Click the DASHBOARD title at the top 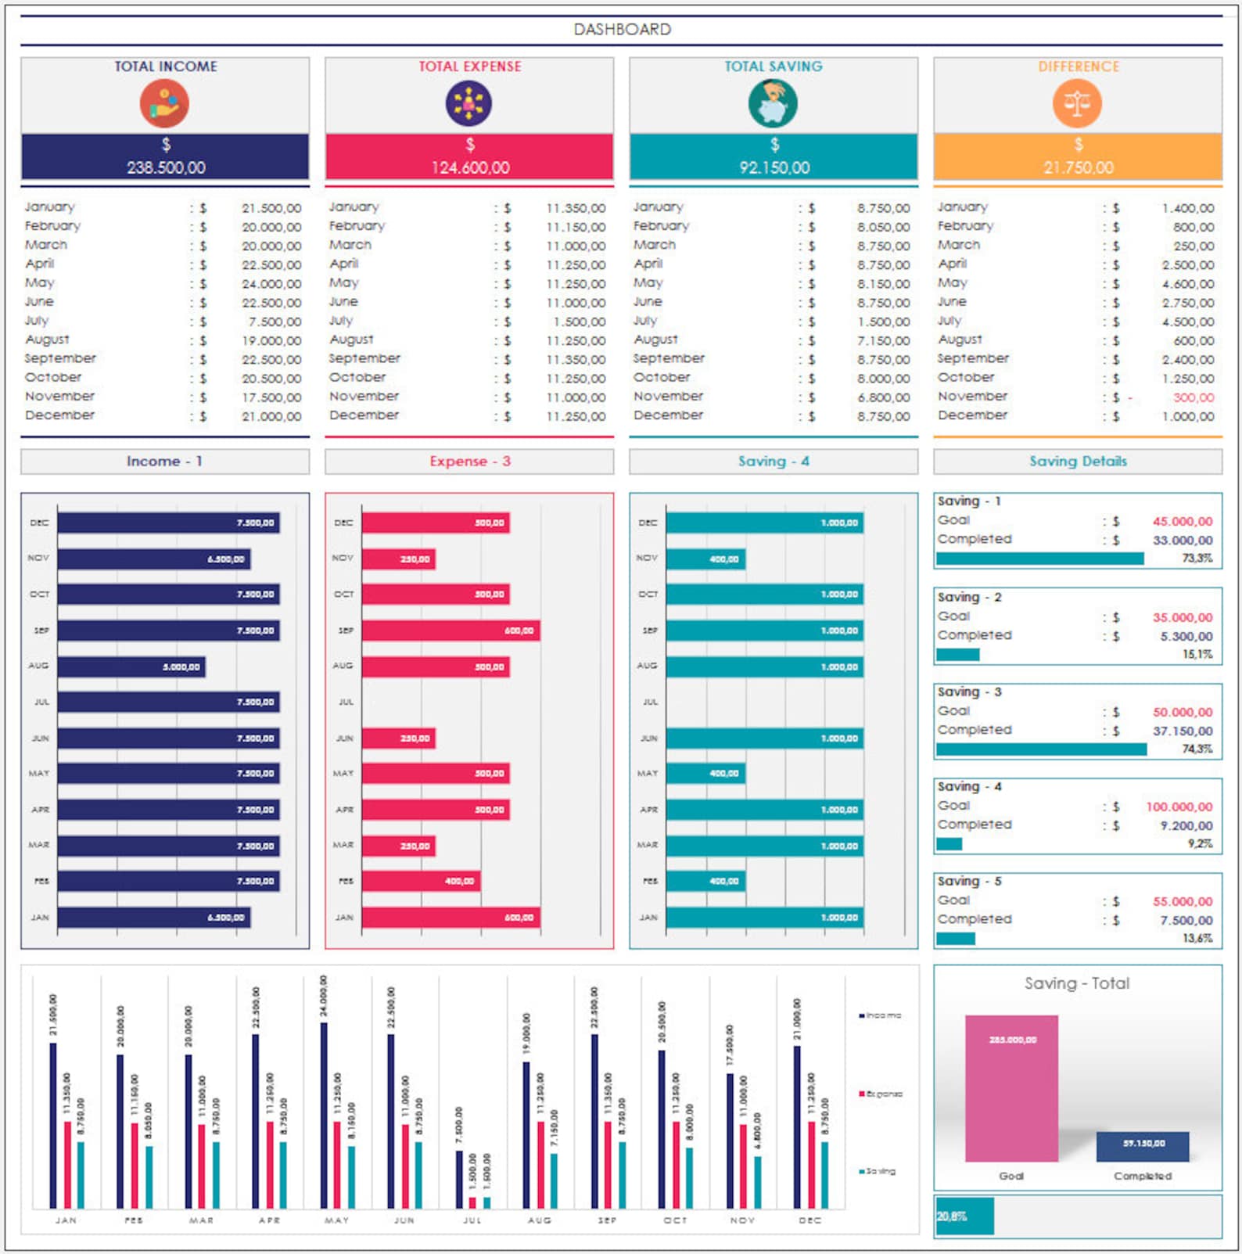point(622,30)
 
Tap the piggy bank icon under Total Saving point(773,104)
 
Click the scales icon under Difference point(1077,104)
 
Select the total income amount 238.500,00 point(166,167)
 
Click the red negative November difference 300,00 point(1193,397)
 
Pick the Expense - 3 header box point(469,462)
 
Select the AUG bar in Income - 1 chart point(131,667)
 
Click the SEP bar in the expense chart point(450,631)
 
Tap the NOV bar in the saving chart point(705,559)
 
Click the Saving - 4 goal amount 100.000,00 point(1179,807)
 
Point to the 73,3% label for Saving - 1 point(1197,559)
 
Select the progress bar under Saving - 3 point(1041,749)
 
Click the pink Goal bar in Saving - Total point(1011,1088)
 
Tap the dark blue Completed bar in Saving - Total point(1143,1147)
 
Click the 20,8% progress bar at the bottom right point(964,1216)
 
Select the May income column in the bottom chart point(324,1115)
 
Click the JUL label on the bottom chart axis point(472,1220)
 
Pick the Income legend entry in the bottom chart point(881,1015)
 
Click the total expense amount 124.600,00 point(470,167)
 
